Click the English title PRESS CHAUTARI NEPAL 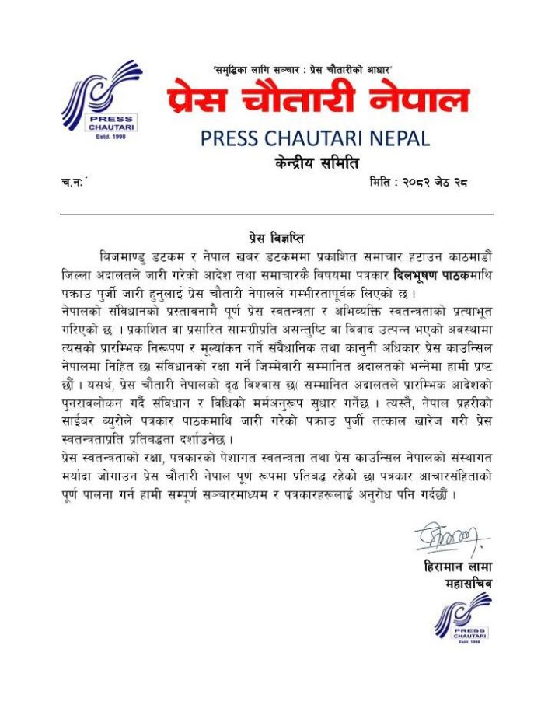tap(315, 138)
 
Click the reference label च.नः tap(73, 183)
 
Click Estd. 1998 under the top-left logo tap(97, 137)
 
